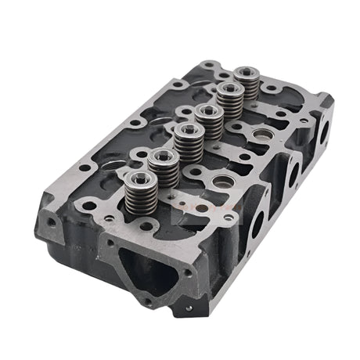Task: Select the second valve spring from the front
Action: click(163, 167)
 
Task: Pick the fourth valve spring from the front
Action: click(209, 121)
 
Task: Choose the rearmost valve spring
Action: click(250, 85)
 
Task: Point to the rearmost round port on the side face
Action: click(323, 132)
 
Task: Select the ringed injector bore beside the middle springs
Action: click(219, 182)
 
